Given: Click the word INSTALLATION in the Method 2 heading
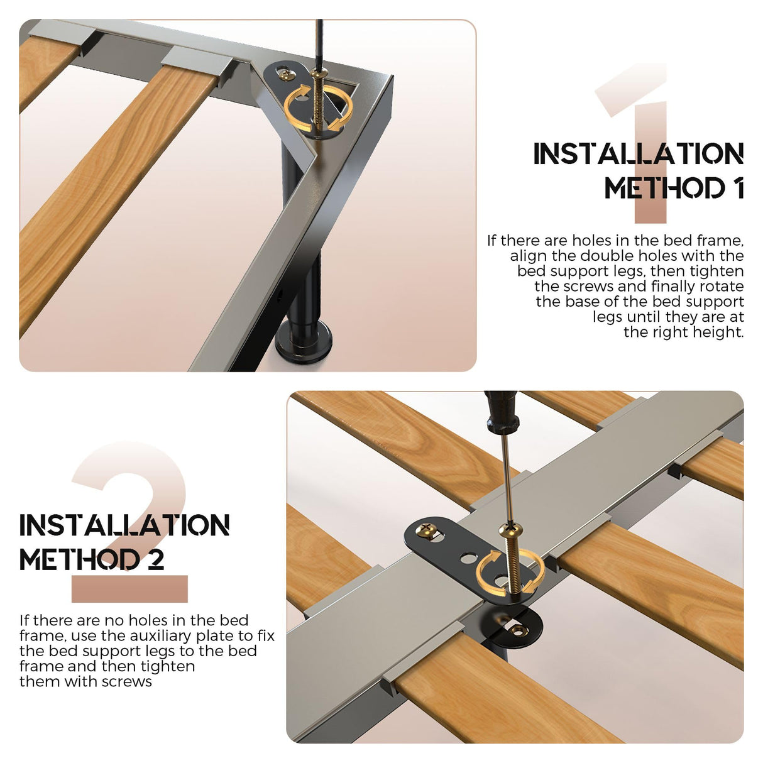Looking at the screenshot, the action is pyautogui.click(x=124, y=525).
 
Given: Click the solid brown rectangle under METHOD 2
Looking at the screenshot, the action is pyautogui.click(x=129, y=589).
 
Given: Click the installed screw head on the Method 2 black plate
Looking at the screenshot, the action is pyautogui.click(x=425, y=529).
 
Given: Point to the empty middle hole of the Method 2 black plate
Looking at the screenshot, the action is pyautogui.click(x=468, y=559).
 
